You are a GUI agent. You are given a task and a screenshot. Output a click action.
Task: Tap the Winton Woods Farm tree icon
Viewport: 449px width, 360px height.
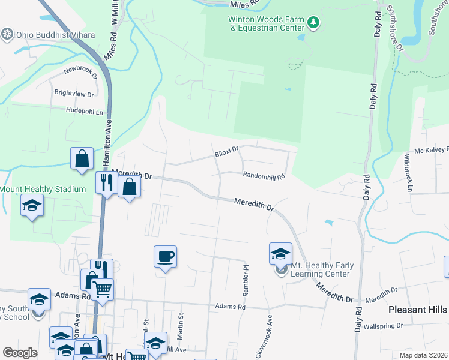[313, 23]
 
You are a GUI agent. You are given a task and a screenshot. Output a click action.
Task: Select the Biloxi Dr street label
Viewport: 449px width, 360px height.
[227, 154]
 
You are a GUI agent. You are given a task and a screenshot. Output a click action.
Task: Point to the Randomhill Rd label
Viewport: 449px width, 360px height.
[263, 176]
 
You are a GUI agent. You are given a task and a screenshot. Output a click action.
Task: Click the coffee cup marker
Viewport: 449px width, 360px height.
[165, 256]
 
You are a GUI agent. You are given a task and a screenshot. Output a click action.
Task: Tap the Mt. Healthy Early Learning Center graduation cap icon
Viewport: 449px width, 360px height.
[280, 254]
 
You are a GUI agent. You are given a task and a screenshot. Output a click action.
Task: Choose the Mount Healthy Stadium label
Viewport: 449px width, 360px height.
[43, 190]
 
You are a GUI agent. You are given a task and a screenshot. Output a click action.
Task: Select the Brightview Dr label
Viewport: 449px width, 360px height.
[74, 94]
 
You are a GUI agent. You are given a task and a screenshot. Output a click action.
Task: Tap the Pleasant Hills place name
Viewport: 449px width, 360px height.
[418, 310]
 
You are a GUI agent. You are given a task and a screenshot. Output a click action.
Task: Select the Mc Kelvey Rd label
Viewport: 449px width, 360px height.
[431, 151]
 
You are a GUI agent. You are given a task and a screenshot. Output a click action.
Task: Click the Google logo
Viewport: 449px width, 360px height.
[20, 353]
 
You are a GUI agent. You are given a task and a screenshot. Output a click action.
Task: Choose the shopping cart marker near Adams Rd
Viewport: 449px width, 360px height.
[103, 289]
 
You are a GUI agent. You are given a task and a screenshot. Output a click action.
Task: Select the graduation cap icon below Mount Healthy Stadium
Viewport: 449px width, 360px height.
[32, 206]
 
